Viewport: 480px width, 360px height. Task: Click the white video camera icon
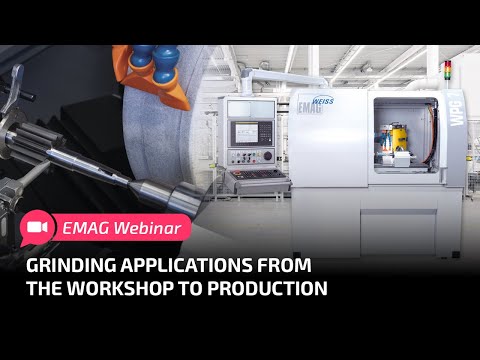(x=37, y=228)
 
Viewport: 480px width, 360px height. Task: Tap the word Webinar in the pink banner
(x=148, y=228)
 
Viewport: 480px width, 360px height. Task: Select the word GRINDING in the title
(x=70, y=266)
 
